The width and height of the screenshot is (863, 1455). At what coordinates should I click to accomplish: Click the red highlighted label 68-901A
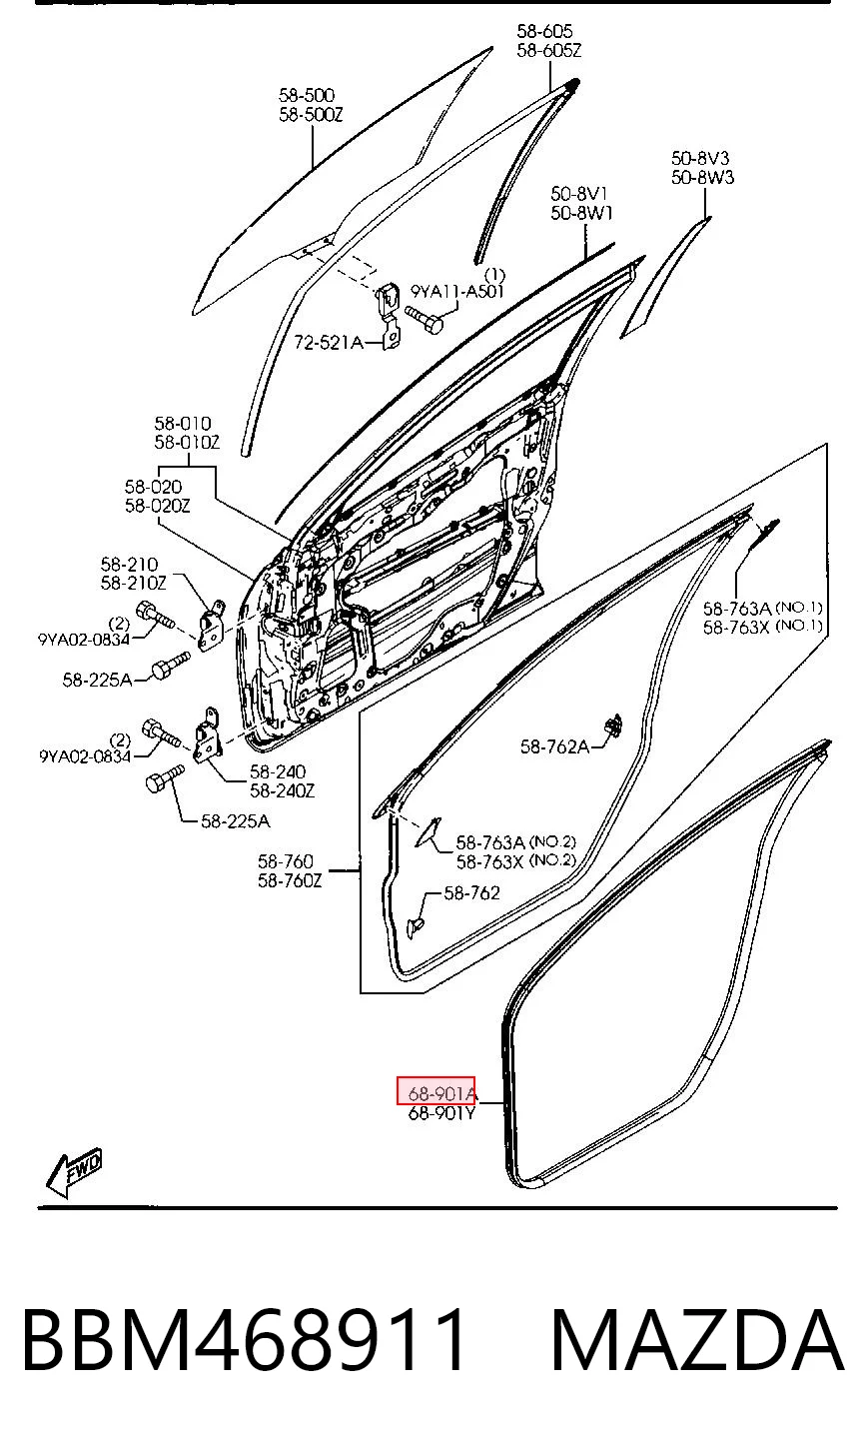(435, 1094)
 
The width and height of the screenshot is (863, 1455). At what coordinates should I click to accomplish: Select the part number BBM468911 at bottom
(244, 1341)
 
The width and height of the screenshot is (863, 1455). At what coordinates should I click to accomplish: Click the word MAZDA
(697, 1341)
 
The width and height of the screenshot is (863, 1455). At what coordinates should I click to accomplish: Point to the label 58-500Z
(311, 115)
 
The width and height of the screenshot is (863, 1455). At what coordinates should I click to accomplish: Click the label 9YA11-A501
(457, 291)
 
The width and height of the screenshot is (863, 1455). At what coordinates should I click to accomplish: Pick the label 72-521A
(329, 342)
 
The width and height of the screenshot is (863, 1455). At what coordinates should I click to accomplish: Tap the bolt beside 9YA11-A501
(425, 318)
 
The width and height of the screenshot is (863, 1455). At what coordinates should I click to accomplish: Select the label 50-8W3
(702, 177)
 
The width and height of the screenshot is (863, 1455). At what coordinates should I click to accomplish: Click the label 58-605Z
(549, 50)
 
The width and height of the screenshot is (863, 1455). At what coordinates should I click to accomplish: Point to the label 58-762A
(554, 747)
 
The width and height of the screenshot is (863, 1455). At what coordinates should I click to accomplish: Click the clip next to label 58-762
(415, 927)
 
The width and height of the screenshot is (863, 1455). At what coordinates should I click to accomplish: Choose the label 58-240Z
(282, 790)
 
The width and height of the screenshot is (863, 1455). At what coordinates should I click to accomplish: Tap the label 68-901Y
(441, 1113)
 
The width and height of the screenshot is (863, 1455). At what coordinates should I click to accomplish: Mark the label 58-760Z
(290, 880)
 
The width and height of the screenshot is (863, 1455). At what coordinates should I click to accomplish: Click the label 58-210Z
(133, 584)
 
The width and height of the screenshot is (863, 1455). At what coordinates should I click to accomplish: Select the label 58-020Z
(157, 506)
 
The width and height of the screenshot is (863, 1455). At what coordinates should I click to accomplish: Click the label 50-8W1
(582, 213)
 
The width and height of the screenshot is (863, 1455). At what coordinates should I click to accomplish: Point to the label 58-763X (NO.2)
(516, 861)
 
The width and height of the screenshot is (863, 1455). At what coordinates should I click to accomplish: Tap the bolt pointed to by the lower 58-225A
(164, 778)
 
